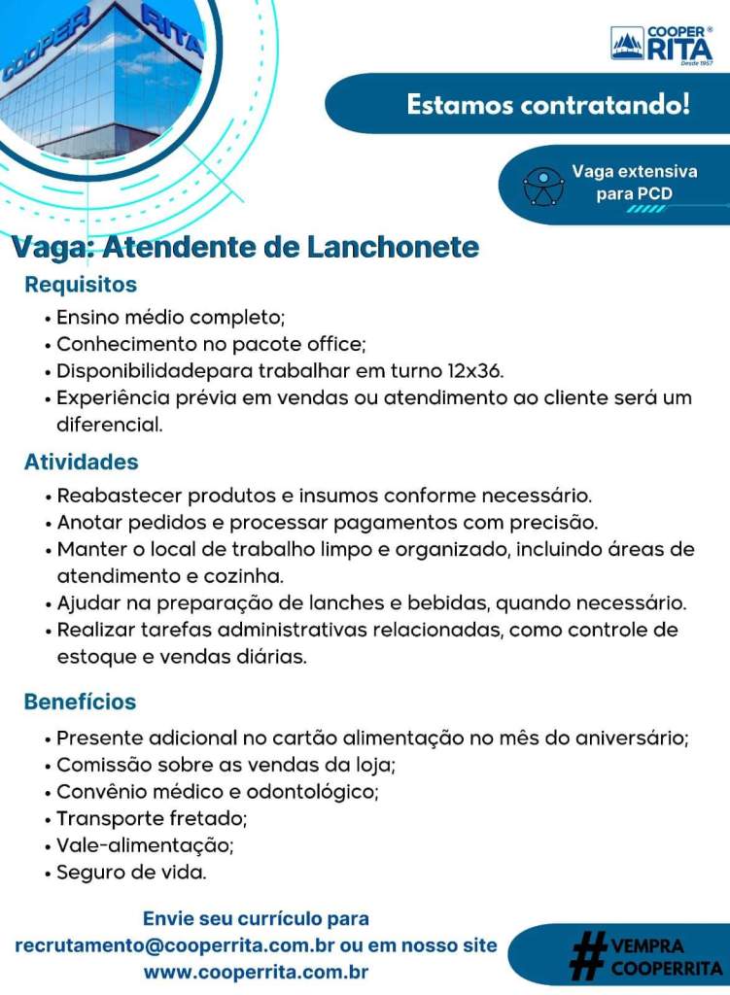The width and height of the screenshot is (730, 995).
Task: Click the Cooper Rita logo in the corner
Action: tap(661, 43)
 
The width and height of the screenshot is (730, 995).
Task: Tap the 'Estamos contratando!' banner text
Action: tap(547, 104)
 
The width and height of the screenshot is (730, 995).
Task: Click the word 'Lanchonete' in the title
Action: tap(393, 248)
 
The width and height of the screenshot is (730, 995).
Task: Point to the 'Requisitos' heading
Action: tap(81, 285)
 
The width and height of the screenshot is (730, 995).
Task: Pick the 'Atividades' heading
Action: tap(81, 462)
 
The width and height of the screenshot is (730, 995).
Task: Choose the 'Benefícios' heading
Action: tap(80, 702)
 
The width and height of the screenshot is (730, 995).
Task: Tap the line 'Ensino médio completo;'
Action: tap(170, 317)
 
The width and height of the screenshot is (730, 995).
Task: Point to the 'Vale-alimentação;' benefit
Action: tap(145, 844)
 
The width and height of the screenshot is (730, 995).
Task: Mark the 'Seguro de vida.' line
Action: tap(131, 872)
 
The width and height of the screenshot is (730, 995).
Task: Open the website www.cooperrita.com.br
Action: tap(256, 972)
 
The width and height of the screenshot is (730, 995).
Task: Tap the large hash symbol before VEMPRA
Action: tap(586, 954)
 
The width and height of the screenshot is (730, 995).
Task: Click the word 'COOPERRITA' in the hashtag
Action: tap(667, 968)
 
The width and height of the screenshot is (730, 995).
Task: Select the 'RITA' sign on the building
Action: tap(172, 29)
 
